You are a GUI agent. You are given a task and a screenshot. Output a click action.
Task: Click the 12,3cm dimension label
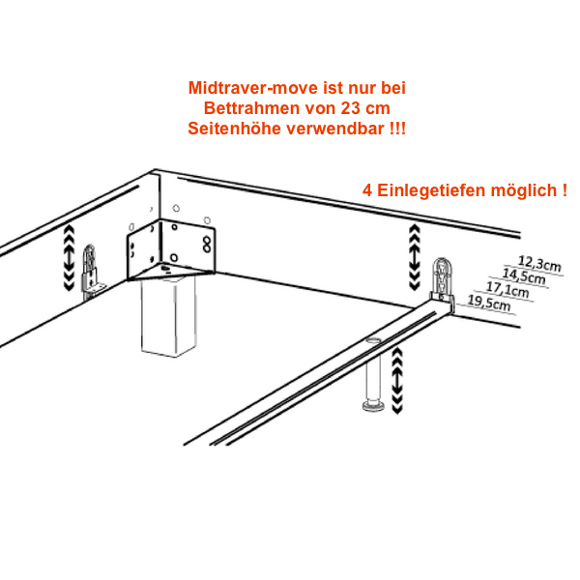pos(539,264)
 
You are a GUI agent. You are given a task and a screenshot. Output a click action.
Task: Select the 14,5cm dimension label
pos(523,276)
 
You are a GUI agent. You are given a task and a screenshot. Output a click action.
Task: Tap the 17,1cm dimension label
pos(507,289)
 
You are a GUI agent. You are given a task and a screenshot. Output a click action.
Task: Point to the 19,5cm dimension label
pos(489,303)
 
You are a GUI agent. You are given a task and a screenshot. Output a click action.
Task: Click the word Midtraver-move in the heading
pos(253,88)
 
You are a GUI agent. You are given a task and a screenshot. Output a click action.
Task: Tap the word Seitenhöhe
pos(235,129)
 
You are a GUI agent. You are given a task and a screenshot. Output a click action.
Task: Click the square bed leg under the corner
pos(168,317)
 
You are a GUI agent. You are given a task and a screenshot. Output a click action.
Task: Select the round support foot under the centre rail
pos(373,374)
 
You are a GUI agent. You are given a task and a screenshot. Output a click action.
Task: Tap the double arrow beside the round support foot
pos(397,381)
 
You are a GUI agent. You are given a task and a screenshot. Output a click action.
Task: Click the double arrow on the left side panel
pos(70,258)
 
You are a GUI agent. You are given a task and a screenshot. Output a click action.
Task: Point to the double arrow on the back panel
pos(415,257)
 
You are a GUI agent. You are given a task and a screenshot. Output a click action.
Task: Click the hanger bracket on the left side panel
pos(92,272)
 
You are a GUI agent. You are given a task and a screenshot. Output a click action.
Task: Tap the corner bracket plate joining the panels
pos(171,250)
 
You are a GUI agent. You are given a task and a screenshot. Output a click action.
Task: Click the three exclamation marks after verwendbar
pos(397,129)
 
